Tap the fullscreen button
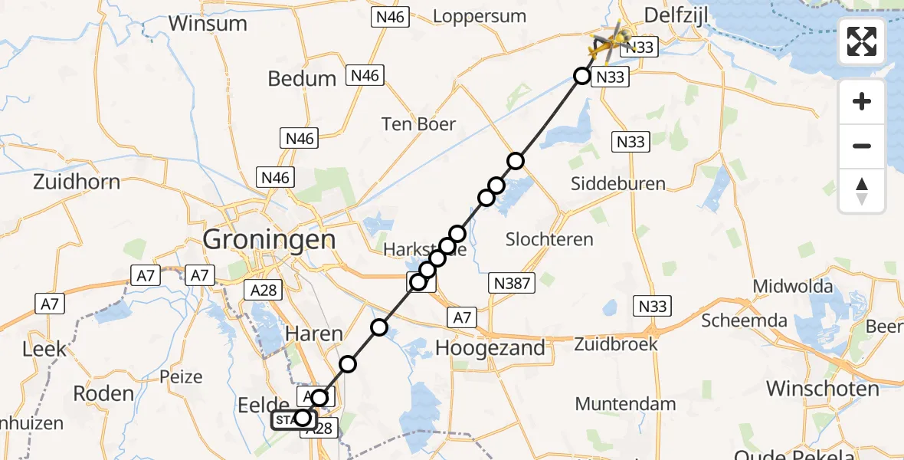[862, 41]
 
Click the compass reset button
[862, 191]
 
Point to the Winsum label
[208, 23]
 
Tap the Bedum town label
[302, 78]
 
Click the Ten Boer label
[419, 124]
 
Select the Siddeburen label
[618, 184]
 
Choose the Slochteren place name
[549, 239]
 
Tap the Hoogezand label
[490, 348]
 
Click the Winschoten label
[823, 389]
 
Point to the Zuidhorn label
[77, 182]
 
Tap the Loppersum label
[480, 16]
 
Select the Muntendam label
[625, 404]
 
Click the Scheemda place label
[744, 320]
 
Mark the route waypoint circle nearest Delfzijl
[582, 76]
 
